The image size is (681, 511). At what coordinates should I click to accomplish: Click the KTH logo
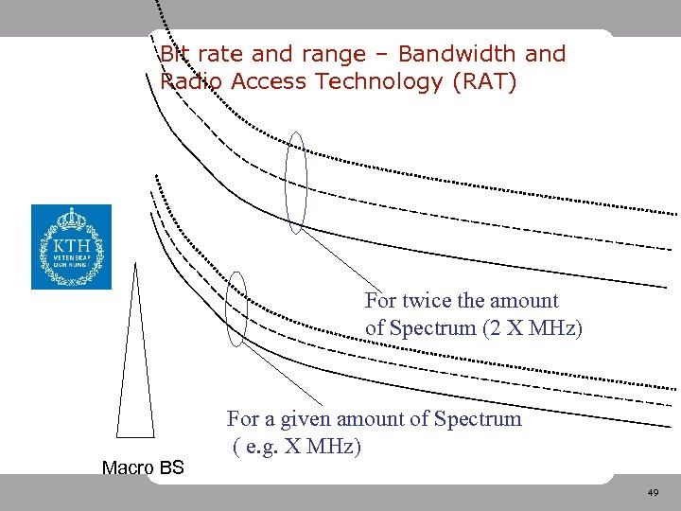coord(71,247)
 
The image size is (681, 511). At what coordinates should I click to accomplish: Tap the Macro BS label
coord(143,467)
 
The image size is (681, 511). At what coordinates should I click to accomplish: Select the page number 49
coord(653,493)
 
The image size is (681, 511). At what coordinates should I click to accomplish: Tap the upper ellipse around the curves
coord(297,183)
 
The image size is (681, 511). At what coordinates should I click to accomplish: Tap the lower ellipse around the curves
coord(237,308)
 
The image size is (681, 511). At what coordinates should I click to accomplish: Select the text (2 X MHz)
coord(533,328)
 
